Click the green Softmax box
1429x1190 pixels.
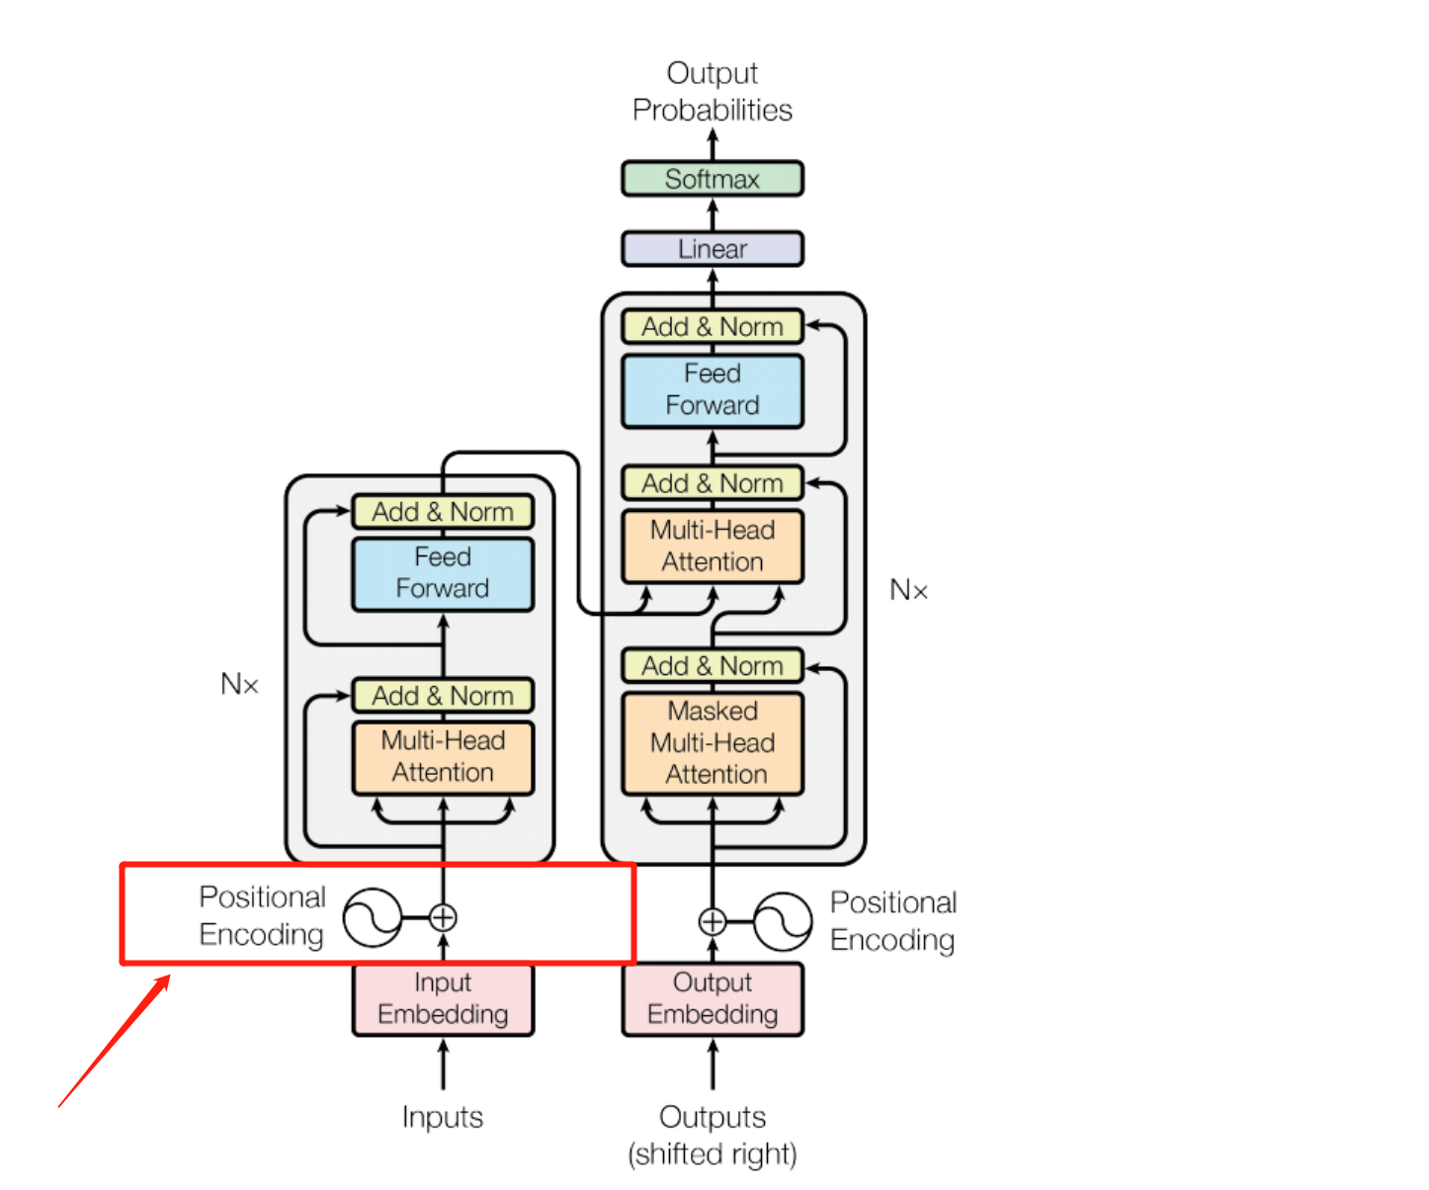pyautogui.click(x=712, y=179)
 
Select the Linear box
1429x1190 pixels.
pyautogui.click(x=712, y=249)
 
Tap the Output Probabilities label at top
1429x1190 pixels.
pyautogui.click(x=712, y=91)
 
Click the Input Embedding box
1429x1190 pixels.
pyautogui.click(x=443, y=999)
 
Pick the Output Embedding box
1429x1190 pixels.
pyautogui.click(x=712, y=999)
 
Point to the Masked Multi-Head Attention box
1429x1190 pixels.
pyautogui.click(x=712, y=743)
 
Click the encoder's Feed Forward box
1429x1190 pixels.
pyautogui.click(x=443, y=573)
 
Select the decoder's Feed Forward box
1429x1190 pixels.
pyautogui.click(x=712, y=390)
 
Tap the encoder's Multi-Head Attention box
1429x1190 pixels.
pyautogui.click(x=443, y=757)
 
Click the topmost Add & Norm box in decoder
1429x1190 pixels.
pyautogui.click(x=712, y=327)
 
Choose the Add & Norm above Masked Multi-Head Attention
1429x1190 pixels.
pyautogui.click(x=712, y=666)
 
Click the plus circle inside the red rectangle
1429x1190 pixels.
pyautogui.click(x=443, y=918)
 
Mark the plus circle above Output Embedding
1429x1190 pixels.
pyautogui.click(x=712, y=922)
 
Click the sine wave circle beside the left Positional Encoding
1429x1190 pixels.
pyautogui.click(x=373, y=918)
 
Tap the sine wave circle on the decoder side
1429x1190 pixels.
pyautogui.click(x=783, y=922)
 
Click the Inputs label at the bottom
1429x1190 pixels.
pyautogui.click(x=442, y=1117)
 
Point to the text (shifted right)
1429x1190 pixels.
pyautogui.click(x=712, y=1153)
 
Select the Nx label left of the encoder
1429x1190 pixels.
pyautogui.click(x=239, y=684)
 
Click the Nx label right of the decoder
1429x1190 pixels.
pyautogui.click(x=908, y=590)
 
